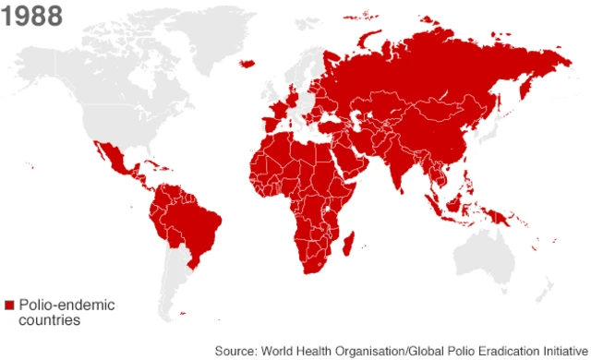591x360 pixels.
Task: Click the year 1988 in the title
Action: tap(33, 16)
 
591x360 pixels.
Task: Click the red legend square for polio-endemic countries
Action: tap(9, 304)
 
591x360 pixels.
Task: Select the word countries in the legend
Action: tap(49, 319)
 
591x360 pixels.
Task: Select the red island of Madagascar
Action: tap(349, 243)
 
